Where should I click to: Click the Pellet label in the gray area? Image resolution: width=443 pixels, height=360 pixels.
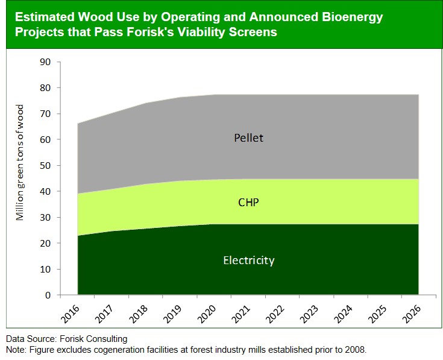pyautogui.click(x=248, y=138)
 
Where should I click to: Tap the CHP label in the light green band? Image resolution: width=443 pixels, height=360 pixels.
pyautogui.click(x=248, y=203)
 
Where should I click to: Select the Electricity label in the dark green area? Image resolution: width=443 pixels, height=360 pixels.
pyautogui.click(x=248, y=261)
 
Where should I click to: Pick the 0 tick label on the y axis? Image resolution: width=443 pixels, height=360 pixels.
pyautogui.click(x=48, y=295)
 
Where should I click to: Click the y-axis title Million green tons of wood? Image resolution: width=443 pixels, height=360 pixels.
pyautogui.click(x=20, y=162)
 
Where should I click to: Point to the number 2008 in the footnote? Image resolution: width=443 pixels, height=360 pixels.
pyautogui.click(x=353, y=349)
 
